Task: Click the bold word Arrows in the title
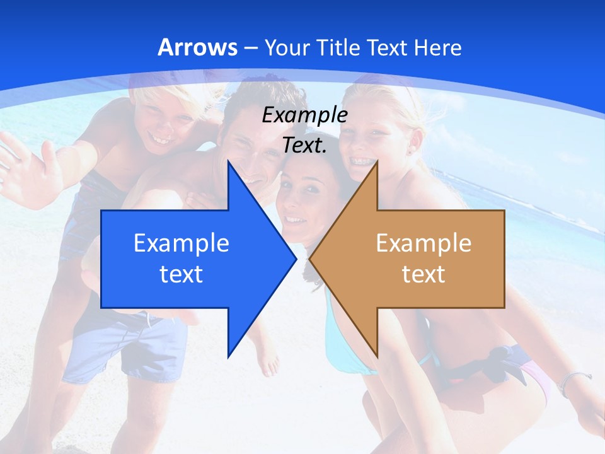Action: pos(197,47)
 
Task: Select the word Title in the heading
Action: pos(337,47)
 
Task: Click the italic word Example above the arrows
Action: pos(305,115)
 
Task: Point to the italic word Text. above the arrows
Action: pos(305,145)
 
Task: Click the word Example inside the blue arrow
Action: pos(181,243)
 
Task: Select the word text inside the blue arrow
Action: pos(181,274)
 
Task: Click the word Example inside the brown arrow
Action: pos(423,243)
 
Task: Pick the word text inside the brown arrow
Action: pos(423,274)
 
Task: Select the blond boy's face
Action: pos(165,123)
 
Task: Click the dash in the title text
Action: pos(250,48)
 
